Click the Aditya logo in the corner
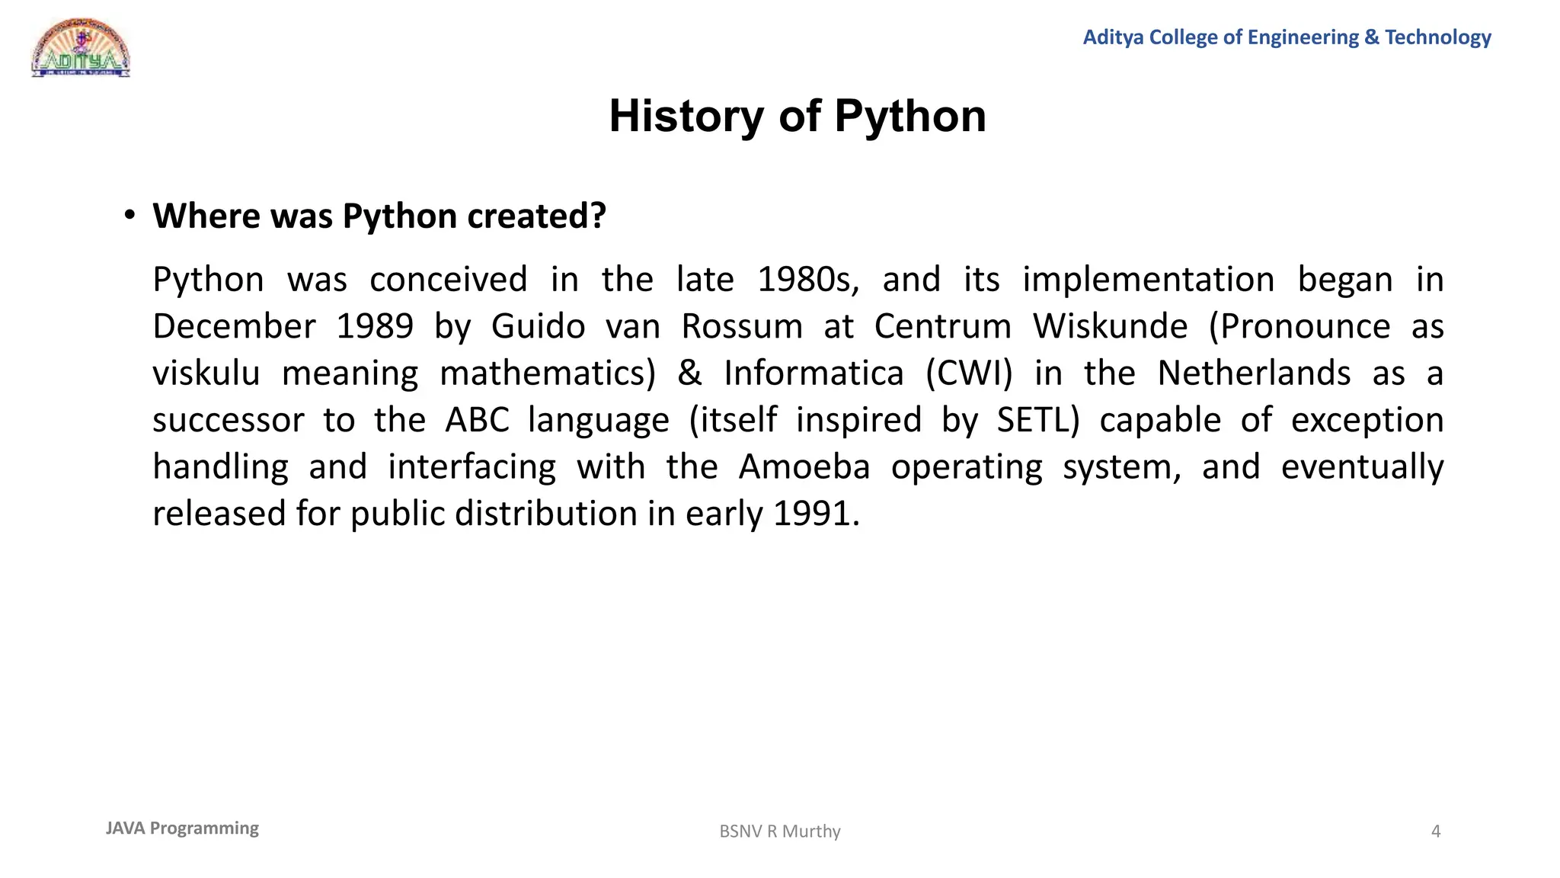point(80,48)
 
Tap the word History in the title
point(686,117)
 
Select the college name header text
point(1287,37)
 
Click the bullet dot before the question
point(130,216)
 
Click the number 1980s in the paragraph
point(808,280)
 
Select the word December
point(234,327)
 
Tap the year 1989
point(375,327)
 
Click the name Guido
point(538,327)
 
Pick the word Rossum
point(741,327)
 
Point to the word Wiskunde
point(1110,327)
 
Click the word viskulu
point(206,373)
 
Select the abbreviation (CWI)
point(969,373)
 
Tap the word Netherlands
point(1254,373)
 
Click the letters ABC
point(477,420)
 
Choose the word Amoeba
point(804,467)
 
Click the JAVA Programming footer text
point(182,828)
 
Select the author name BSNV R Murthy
point(780,832)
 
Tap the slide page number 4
point(1436,832)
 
